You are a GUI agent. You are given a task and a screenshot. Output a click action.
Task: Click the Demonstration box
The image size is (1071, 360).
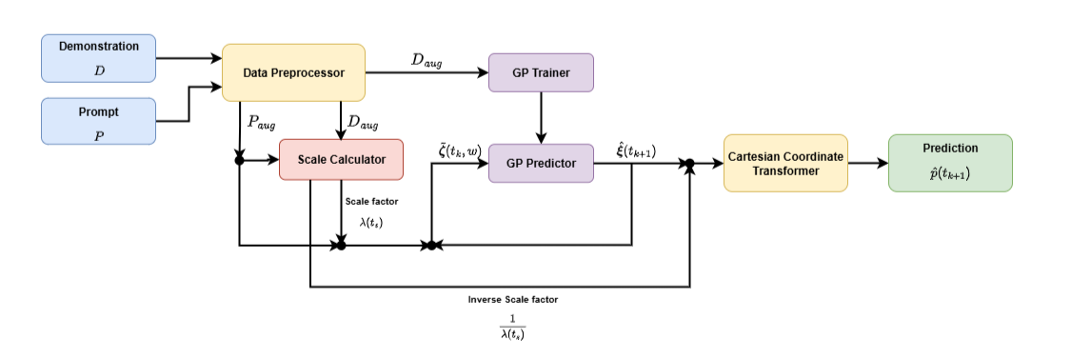[x=98, y=57]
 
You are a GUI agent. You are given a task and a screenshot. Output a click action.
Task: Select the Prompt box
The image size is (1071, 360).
[x=98, y=120]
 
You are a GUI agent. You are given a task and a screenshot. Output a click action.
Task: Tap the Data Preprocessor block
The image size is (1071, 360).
[x=293, y=72]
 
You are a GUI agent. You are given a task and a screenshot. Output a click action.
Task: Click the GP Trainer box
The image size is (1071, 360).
[x=541, y=72]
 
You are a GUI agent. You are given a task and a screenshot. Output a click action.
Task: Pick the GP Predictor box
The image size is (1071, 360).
[x=541, y=163]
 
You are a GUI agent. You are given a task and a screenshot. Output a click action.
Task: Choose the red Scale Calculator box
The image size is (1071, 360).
[x=341, y=159]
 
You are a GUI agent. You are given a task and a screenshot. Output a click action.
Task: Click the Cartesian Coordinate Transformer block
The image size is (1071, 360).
[x=785, y=163]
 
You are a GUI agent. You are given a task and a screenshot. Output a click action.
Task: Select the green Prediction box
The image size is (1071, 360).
[x=949, y=162]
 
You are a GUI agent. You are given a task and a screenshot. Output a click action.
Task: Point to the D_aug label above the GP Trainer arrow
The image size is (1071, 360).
[x=426, y=60]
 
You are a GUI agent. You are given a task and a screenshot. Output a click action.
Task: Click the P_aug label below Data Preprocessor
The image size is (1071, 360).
[x=262, y=122]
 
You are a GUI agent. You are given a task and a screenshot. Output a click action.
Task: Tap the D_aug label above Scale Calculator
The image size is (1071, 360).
[x=363, y=122]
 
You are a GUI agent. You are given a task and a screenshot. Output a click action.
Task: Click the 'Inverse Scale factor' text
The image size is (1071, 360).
[x=513, y=299]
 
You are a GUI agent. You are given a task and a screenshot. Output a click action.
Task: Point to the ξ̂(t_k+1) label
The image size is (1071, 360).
[x=636, y=150]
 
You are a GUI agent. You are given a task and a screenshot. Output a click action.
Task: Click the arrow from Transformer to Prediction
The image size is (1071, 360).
[x=867, y=163]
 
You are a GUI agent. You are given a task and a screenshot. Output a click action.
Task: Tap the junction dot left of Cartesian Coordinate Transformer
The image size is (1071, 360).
[x=688, y=165]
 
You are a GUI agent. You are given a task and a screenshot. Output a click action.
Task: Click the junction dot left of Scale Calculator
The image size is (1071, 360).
[x=240, y=160]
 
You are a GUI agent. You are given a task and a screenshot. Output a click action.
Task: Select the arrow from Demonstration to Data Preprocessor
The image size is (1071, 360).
[x=188, y=58]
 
